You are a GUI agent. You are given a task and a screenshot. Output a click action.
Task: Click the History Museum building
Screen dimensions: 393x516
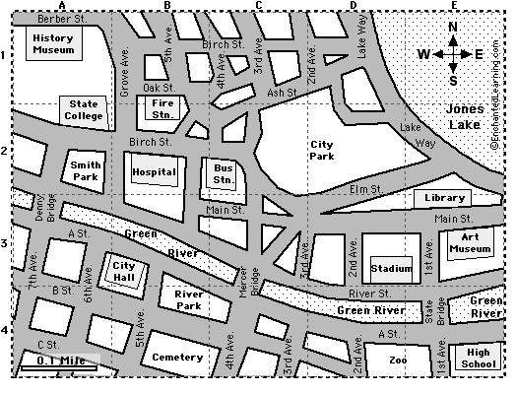coord(52,44)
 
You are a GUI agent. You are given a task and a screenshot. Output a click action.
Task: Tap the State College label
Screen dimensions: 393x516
coord(84,110)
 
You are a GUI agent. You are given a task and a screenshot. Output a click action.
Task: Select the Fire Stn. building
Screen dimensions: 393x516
coord(163,107)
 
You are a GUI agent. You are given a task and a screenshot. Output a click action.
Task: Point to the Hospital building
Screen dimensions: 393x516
coord(154,172)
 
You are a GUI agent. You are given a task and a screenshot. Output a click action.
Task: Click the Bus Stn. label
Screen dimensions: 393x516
coord(224,173)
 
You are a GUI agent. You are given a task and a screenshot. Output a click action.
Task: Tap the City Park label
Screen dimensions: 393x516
coord(321,149)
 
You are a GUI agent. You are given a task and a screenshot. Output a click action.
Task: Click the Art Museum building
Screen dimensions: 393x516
coord(470,243)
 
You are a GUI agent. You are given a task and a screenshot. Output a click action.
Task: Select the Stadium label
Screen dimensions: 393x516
coord(391,268)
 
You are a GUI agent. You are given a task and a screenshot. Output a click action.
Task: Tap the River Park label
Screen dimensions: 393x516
coord(187,299)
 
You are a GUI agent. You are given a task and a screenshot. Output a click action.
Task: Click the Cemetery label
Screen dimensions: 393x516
coord(177,358)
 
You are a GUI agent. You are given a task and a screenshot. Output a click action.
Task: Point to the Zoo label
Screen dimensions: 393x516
coord(398,360)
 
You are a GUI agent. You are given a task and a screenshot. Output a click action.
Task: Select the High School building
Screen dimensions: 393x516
coord(479,359)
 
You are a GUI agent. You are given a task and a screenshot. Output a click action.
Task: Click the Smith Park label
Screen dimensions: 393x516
coord(87,170)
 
